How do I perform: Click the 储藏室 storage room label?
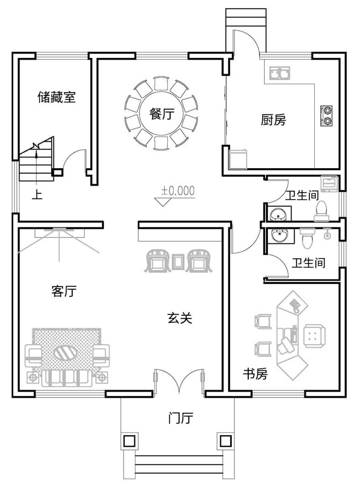click(57, 97)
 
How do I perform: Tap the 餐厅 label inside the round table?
click(162, 114)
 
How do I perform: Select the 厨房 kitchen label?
click(273, 119)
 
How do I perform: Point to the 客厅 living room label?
click(64, 291)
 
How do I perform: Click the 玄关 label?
click(179, 318)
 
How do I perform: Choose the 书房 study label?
click(256, 373)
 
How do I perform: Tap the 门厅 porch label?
click(181, 418)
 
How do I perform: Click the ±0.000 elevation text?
click(177, 191)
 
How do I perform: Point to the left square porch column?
click(130, 441)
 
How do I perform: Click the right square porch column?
click(224, 441)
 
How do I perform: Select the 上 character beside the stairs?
click(37, 195)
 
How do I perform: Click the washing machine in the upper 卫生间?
click(329, 184)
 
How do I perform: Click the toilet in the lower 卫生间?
click(308, 238)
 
